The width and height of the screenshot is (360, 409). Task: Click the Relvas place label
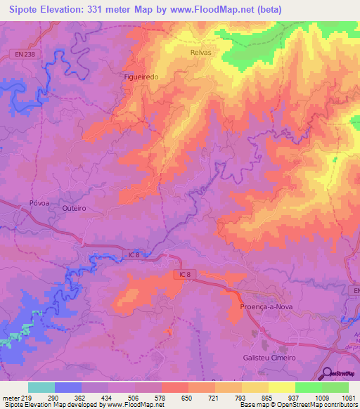click(200, 53)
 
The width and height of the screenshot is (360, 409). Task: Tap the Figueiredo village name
click(141, 78)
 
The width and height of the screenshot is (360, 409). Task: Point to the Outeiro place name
click(74, 209)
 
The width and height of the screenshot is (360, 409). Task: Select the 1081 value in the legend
click(347, 397)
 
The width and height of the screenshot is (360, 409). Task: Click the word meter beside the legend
click(9, 397)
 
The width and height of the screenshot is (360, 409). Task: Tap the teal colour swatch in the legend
click(41, 387)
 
